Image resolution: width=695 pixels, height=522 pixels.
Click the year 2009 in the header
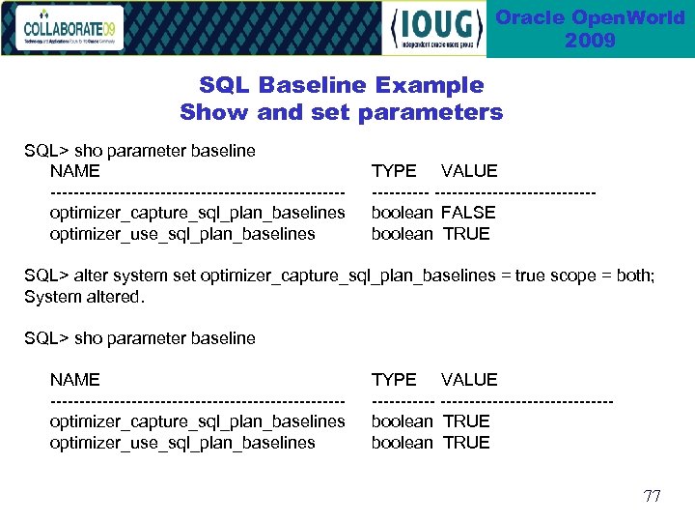coord(590,41)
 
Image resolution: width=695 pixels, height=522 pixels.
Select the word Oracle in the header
coord(529,18)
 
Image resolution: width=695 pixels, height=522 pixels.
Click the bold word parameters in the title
coord(431,112)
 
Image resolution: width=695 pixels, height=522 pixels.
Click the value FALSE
coord(468,213)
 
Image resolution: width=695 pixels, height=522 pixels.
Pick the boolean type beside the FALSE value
coord(402,213)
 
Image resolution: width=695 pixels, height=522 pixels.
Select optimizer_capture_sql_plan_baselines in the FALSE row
coord(197,213)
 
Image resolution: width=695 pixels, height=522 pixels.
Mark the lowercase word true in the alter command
coord(529,275)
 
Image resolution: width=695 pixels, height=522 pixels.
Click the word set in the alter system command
coord(183,275)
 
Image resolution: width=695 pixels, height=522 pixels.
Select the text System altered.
coord(84,297)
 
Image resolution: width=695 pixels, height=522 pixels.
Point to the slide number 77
coord(653,497)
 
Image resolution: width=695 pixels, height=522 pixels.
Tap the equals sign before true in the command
coord(505,275)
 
